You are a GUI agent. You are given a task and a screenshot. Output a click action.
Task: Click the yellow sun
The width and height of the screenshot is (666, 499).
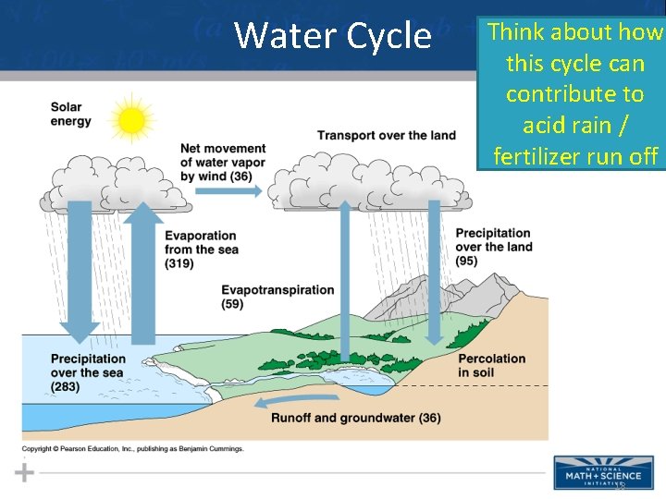click(132, 120)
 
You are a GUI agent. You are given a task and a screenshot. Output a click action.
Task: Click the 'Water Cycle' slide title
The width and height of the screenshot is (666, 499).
click(332, 36)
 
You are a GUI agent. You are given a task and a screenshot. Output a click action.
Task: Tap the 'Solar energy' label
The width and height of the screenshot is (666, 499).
click(71, 115)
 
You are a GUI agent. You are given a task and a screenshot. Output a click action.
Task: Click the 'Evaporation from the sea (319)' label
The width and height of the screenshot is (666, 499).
click(200, 249)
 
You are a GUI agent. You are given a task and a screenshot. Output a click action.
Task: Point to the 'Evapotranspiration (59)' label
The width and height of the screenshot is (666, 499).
click(277, 297)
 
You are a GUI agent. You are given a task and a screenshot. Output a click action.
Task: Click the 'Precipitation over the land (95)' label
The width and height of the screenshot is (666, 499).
click(493, 247)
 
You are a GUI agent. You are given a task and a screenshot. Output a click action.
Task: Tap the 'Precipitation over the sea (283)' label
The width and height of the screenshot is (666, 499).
click(88, 372)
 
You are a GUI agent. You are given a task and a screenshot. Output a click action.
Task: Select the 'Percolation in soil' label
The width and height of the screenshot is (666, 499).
click(491, 365)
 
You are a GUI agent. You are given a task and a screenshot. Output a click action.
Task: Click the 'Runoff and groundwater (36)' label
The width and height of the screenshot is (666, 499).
click(355, 418)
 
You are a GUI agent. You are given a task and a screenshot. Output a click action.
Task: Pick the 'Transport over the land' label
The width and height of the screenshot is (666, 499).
click(386, 136)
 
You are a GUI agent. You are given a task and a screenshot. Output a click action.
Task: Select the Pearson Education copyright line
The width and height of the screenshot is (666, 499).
click(133, 449)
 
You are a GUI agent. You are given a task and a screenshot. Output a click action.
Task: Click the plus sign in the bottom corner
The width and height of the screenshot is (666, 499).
click(25, 473)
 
